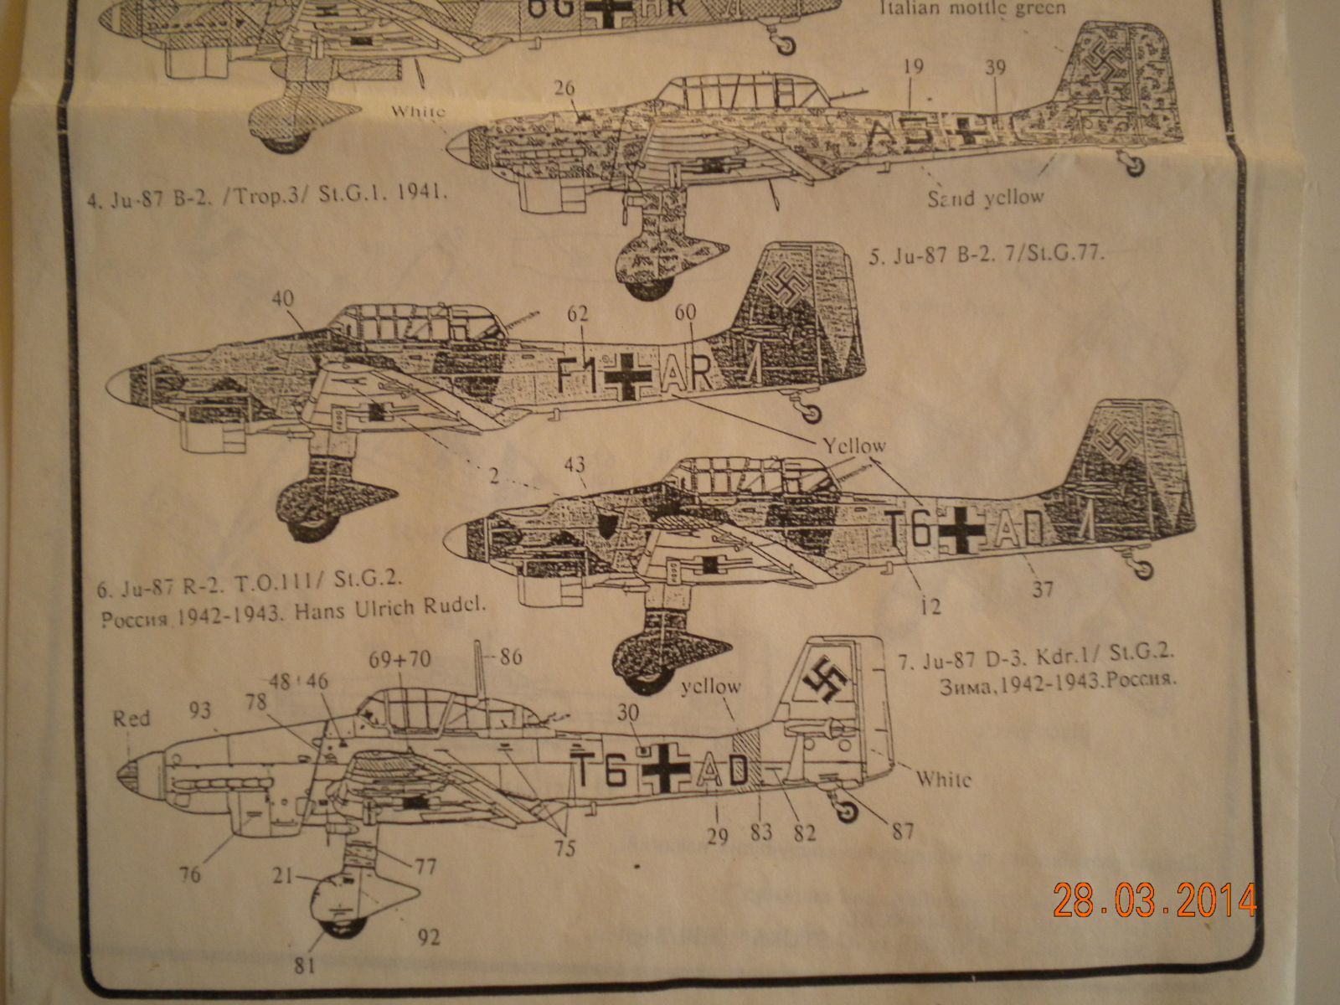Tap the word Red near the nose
tap(132, 718)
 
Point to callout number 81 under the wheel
tap(305, 965)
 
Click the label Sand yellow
tap(985, 198)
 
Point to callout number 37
tap(1043, 590)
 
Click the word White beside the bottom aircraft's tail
tap(943, 779)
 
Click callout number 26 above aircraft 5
tap(565, 88)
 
